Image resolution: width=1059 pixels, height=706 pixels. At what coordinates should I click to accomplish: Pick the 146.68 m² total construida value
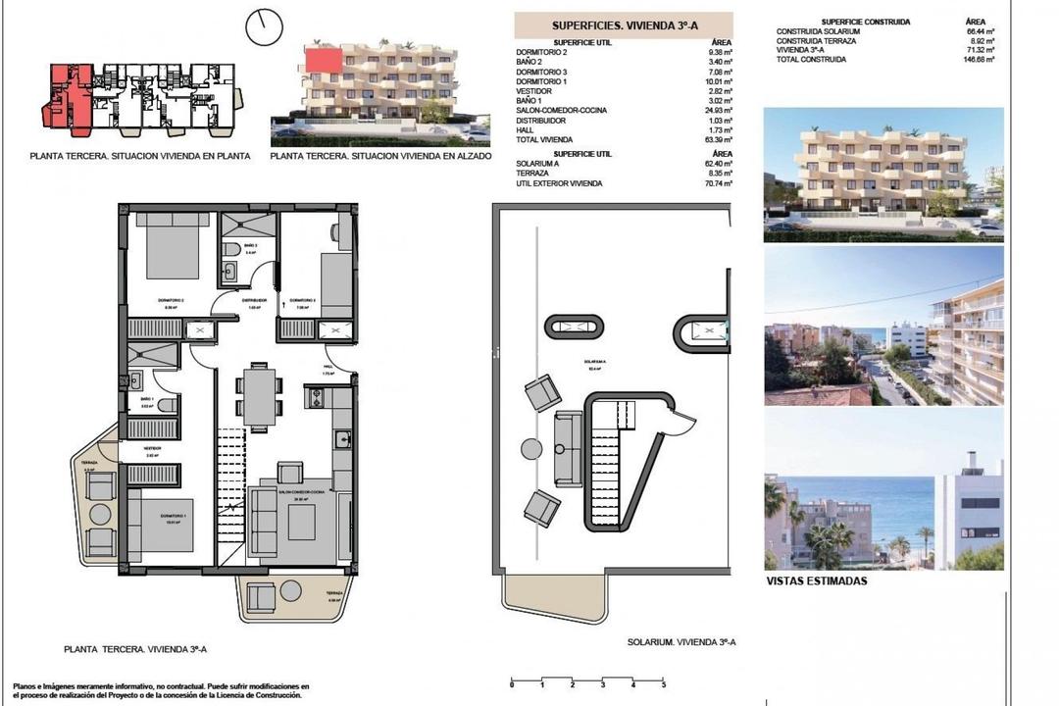[979, 59]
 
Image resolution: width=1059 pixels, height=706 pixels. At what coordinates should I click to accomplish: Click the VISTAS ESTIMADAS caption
[816, 580]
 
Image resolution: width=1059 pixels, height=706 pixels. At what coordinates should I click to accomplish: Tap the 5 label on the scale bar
[664, 683]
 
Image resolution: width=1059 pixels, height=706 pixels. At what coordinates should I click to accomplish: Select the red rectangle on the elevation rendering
[324, 61]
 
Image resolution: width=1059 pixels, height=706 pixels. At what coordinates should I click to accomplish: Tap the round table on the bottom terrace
[291, 591]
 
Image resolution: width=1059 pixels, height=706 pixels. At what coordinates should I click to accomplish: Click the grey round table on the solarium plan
[531, 449]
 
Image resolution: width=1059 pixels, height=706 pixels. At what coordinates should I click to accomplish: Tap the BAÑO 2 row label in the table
[528, 63]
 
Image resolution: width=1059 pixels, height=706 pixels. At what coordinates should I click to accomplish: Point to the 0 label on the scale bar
[512, 683]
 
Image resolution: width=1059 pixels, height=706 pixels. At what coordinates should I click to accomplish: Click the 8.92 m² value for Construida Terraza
[981, 40]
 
